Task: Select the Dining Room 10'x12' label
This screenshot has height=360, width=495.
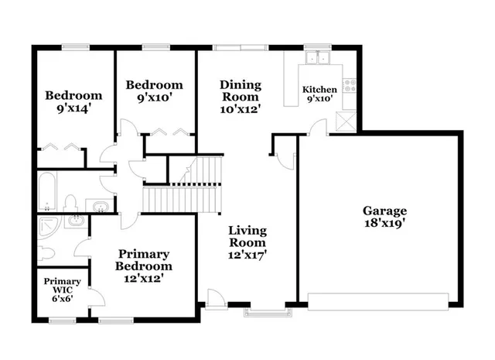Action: point(240,97)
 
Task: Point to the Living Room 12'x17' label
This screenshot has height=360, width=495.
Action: point(247,243)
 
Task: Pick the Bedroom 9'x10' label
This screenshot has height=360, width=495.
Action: point(155,91)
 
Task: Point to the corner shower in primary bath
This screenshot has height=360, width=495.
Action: point(48,229)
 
